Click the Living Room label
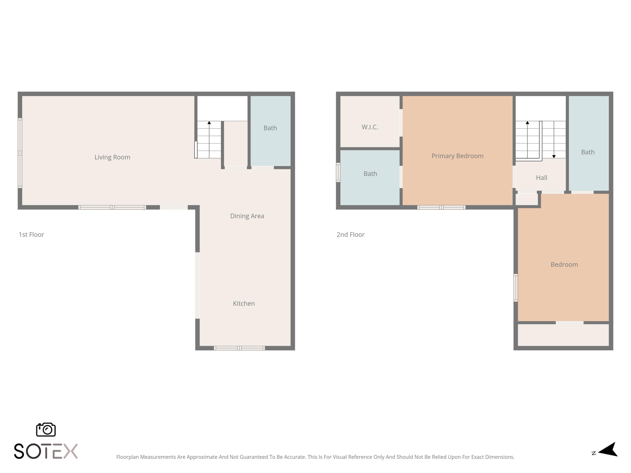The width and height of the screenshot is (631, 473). [x=112, y=157]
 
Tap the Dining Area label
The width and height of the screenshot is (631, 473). [x=247, y=216]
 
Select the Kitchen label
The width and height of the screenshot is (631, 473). [x=244, y=303]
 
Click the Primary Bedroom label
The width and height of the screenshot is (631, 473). [x=457, y=156]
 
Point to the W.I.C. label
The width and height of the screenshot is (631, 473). [x=370, y=127]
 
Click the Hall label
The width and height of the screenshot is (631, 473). [x=541, y=178]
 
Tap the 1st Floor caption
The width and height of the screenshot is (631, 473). [x=31, y=235]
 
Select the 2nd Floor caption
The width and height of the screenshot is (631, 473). [x=351, y=235]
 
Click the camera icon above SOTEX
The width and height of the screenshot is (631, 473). [x=46, y=429]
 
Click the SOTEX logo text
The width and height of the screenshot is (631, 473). [x=46, y=451]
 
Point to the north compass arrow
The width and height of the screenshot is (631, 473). [x=608, y=450]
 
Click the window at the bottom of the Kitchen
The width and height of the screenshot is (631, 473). [x=239, y=348]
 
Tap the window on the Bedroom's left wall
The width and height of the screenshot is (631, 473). [x=516, y=288]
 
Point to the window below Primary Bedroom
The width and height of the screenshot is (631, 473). [x=441, y=207]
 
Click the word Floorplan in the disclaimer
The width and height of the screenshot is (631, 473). [x=127, y=457]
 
